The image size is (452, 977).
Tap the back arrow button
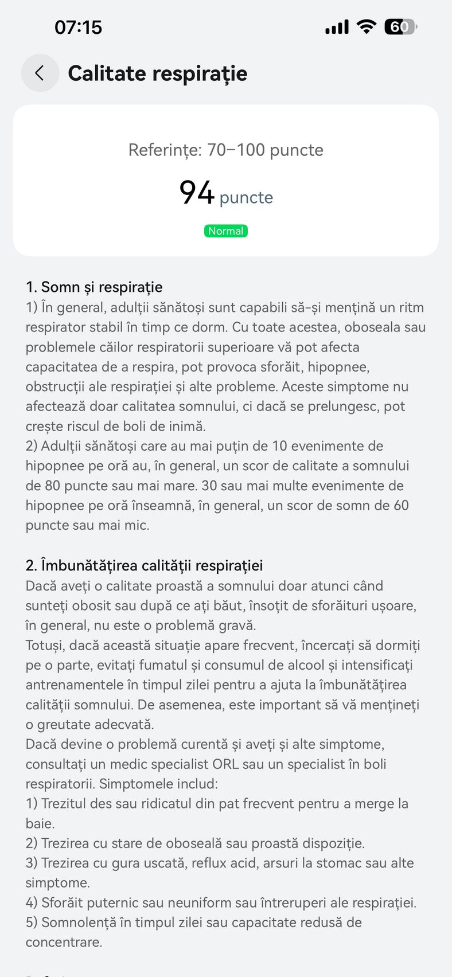[40, 73]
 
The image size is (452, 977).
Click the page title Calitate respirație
[157, 73]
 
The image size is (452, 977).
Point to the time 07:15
[78, 27]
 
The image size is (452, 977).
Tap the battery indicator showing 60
[400, 26]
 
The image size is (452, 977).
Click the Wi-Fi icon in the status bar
[366, 26]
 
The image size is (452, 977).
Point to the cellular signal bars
[337, 27]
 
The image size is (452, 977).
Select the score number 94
[196, 193]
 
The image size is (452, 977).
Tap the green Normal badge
[226, 231]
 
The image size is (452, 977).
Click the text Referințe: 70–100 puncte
[226, 150]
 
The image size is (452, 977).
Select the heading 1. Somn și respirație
[94, 287]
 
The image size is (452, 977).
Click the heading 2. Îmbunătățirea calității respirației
[144, 565]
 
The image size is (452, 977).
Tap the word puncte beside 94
[246, 197]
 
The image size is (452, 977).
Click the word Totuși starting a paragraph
[44, 645]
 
